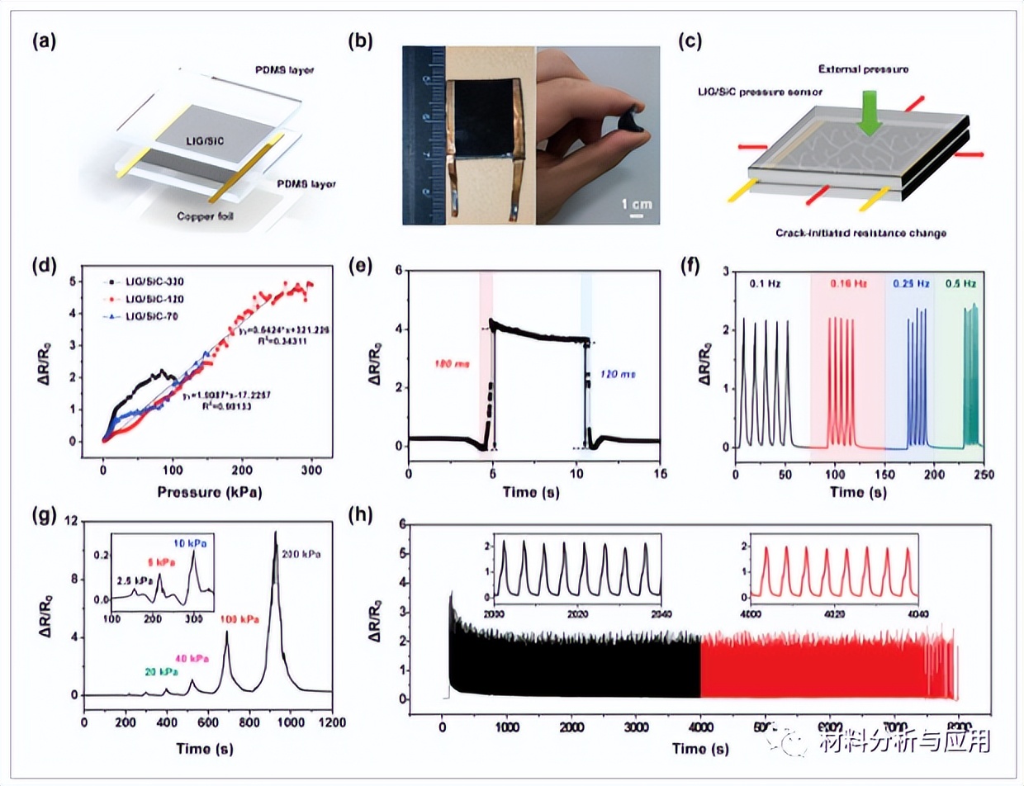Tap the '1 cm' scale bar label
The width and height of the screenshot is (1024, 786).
pos(634,202)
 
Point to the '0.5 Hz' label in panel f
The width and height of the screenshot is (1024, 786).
pos(958,283)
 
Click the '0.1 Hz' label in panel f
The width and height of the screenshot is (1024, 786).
pos(762,283)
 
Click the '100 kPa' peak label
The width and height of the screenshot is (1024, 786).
pos(239,618)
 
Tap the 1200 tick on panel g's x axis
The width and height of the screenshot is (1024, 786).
pos(330,722)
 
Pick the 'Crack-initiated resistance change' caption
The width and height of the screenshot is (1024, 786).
pos(861,234)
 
